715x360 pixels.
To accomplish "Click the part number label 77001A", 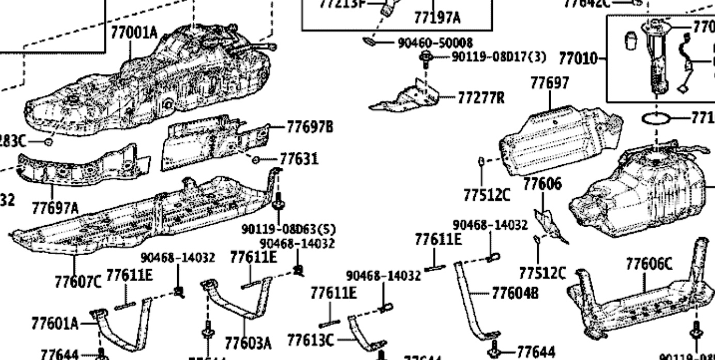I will (134, 33).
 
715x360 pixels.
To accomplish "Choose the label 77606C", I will (649, 265).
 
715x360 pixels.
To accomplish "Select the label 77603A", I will (248, 343).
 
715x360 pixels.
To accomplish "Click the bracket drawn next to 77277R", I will (408, 98).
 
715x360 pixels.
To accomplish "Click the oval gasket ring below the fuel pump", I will (656, 119).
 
